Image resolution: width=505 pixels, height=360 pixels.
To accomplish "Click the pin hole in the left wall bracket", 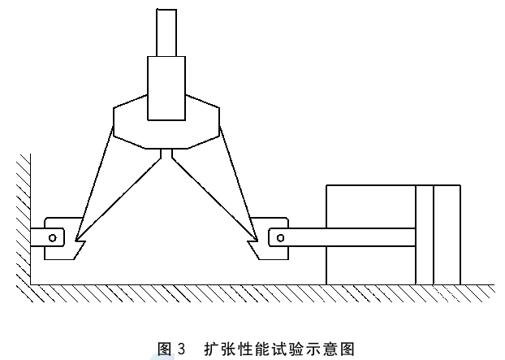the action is (53, 238).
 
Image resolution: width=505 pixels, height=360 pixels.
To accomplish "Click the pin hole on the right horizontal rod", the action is (281, 238).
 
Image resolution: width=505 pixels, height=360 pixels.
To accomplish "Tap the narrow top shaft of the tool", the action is (166, 33).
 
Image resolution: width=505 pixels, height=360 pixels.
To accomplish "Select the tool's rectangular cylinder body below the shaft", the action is (166, 89).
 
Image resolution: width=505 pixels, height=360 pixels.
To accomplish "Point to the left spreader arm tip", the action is (76, 240).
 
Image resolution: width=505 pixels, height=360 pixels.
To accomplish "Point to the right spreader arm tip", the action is (257, 240).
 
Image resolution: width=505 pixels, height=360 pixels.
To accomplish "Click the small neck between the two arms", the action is (166, 154).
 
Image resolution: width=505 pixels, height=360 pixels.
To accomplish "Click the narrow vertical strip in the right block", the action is (425, 235).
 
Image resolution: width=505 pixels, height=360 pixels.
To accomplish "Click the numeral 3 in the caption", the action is (181, 349).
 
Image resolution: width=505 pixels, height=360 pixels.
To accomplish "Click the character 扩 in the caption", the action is (212, 349).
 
